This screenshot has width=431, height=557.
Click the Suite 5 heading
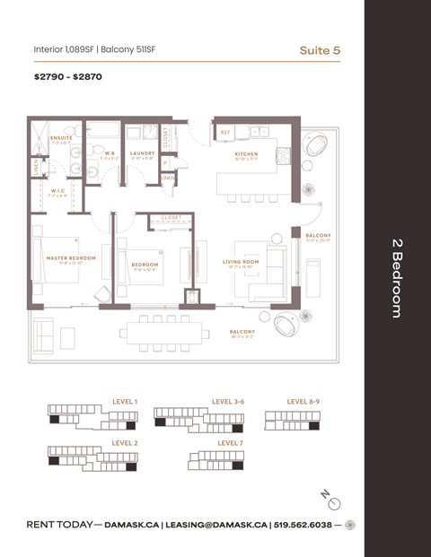pos(320,50)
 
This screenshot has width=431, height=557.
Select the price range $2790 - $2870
pos(68,78)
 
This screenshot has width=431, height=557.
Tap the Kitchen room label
pos(246,154)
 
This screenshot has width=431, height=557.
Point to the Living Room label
pos(240,262)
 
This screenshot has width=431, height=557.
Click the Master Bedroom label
pos(70,258)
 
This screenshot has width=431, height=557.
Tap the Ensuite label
pos(61,138)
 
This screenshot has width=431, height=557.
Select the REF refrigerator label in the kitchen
pos(226,132)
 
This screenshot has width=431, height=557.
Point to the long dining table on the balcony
pos(159,332)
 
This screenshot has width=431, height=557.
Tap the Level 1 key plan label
pos(125,401)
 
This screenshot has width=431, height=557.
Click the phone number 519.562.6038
pos(303,525)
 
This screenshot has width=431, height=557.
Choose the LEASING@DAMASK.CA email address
pos(215,525)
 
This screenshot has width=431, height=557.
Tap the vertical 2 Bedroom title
pos(396,278)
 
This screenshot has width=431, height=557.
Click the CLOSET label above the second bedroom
pos(171,217)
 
